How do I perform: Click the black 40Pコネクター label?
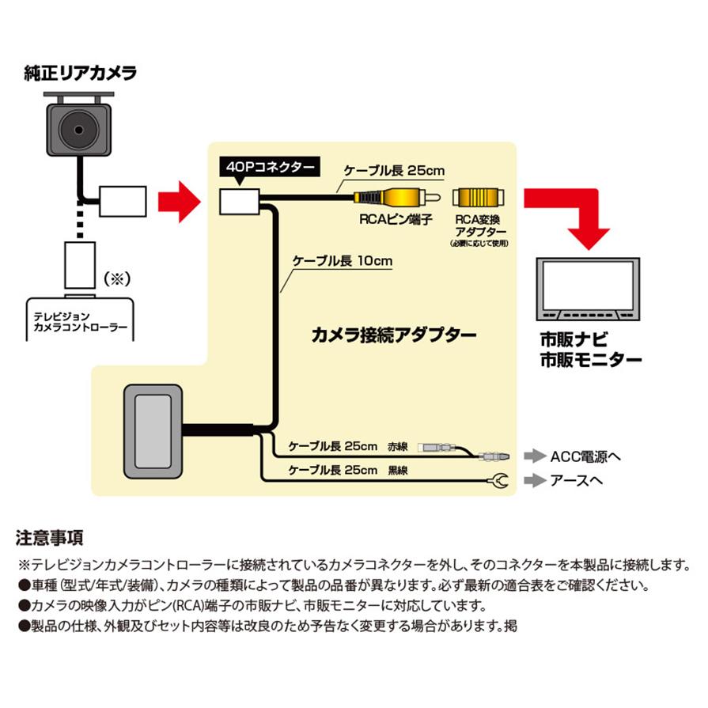[x=269, y=168]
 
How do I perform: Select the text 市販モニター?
[x=589, y=360]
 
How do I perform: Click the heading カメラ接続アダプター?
[x=394, y=334]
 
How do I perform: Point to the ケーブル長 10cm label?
[x=343, y=261]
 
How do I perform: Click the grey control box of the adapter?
[x=153, y=433]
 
